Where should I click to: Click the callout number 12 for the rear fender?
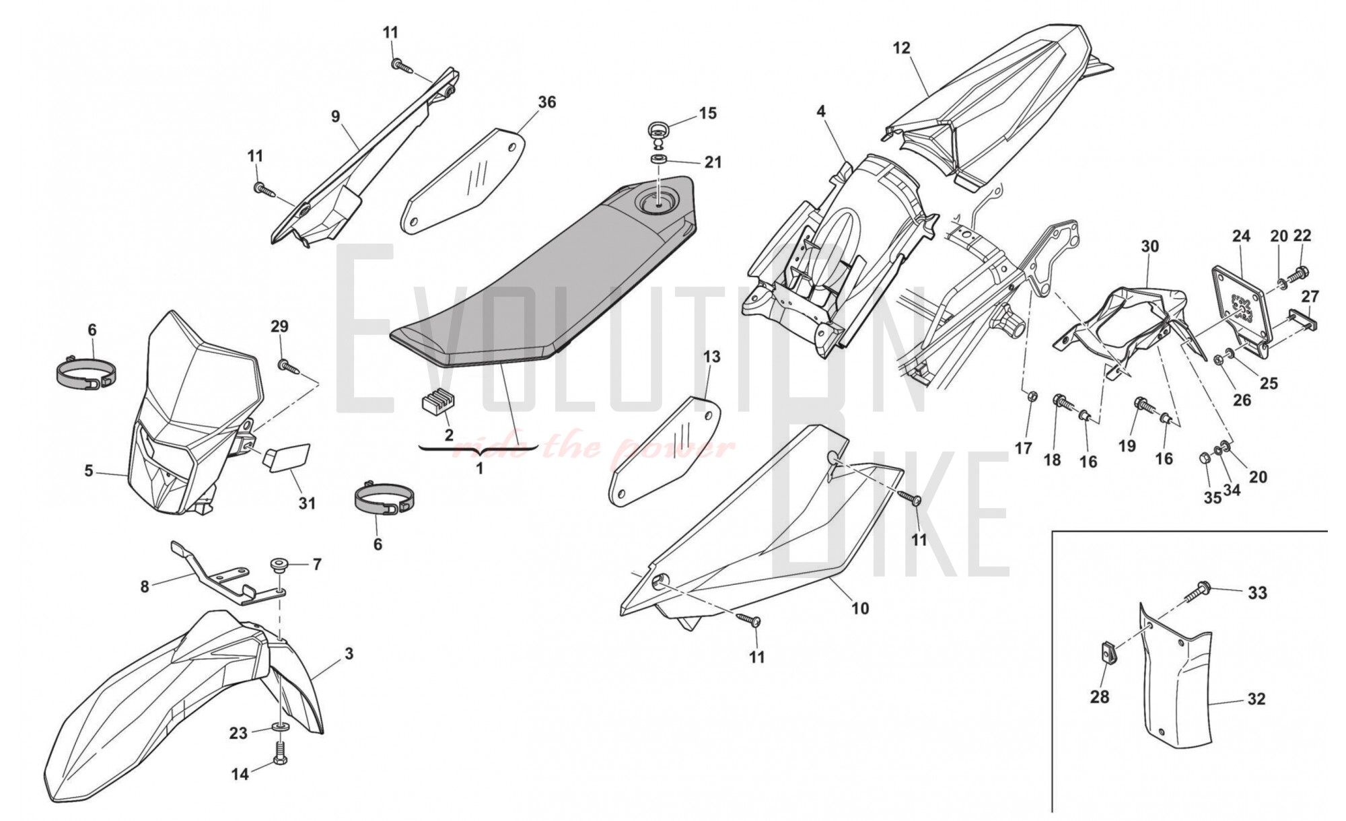(x=901, y=48)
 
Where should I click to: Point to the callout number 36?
(x=547, y=102)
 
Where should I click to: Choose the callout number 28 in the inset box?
(x=1099, y=697)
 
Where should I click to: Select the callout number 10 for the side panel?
(x=860, y=608)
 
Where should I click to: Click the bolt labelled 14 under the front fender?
(x=280, y=752)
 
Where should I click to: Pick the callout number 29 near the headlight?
(x=279, y=326)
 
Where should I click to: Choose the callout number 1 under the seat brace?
(x=479, y=468)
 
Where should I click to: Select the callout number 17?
(x=1024, y=448)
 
